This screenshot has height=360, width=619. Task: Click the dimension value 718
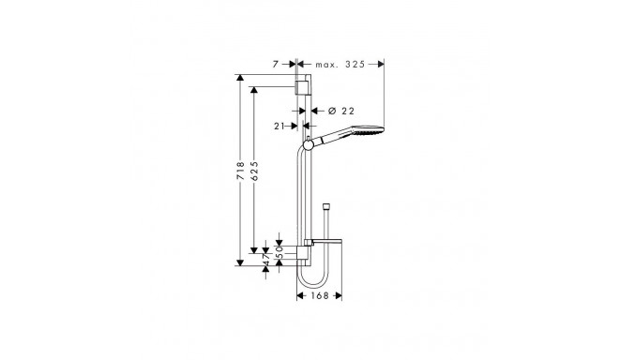(240, 171)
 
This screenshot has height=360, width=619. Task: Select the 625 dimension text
(254, 171)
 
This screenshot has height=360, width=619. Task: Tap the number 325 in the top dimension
(355, 65)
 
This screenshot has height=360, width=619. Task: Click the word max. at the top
(327, 65)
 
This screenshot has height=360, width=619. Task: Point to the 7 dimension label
(276, 65)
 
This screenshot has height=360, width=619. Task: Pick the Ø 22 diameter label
(341, 112)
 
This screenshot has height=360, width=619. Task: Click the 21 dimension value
(279, 126)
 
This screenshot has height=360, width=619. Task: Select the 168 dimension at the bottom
(320, 295)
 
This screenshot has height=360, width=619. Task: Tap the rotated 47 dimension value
(266, 260)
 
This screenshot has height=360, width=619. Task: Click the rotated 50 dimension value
(279, 252)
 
